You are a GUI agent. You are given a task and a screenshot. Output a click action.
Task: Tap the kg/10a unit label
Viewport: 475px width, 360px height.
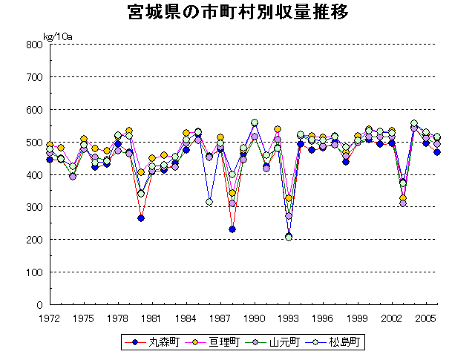click(x=57, y=36)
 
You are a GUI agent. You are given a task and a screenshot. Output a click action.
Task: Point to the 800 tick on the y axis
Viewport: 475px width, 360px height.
click(x=33, y=45)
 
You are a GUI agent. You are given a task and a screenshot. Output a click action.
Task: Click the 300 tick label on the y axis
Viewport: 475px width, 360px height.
click(x=33, y=207)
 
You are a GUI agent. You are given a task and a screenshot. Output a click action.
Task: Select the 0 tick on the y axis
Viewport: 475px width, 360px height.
click(x=39, y=305)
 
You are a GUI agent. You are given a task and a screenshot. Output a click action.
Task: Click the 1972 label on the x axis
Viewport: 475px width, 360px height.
click(x=49, y=318)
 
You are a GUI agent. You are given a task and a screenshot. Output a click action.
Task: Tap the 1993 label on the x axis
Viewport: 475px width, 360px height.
click(x=289, y=318)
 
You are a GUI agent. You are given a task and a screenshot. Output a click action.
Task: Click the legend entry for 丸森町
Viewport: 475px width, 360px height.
click(x=151, y=342)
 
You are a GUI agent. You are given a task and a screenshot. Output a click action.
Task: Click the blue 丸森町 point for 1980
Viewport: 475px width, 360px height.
click(x=141, y=218)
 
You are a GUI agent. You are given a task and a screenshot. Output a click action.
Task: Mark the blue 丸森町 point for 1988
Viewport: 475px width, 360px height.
click(x=232, y=229)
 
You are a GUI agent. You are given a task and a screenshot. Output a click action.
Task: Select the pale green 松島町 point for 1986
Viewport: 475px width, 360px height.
click(x=209, y=202)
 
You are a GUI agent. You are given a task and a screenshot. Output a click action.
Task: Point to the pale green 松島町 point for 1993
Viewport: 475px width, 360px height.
click(x=289, y=237)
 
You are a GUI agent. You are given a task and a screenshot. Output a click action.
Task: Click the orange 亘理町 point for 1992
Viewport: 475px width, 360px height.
click(x=278, y=129)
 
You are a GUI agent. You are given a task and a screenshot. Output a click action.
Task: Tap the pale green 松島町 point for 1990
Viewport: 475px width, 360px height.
click(x=255, y=122)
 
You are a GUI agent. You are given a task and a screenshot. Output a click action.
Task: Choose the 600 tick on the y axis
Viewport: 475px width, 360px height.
click(x=33, y=110)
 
